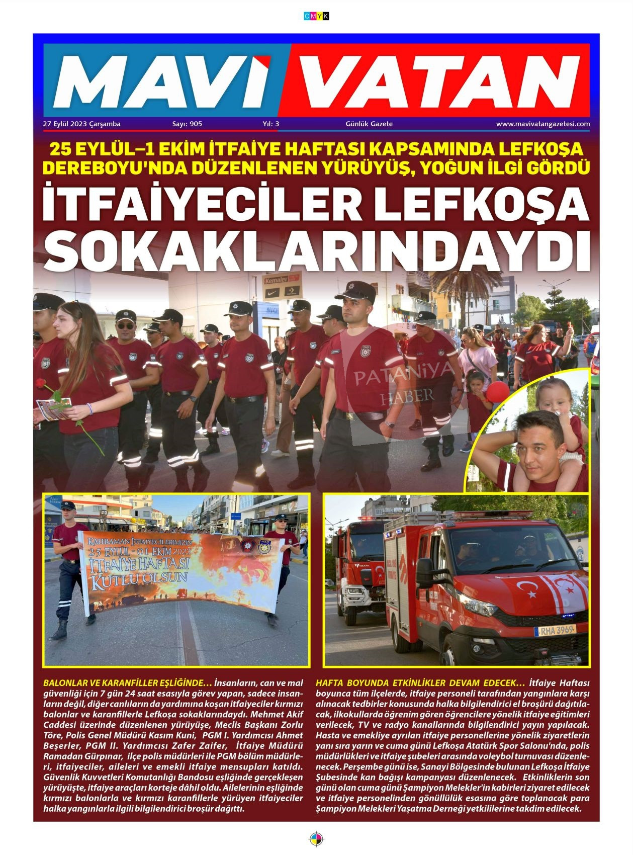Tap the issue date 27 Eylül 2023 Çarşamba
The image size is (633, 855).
82,124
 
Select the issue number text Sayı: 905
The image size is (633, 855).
187,124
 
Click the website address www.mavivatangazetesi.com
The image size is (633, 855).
543,124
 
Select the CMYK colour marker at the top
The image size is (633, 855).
316,17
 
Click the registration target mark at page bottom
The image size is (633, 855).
316,839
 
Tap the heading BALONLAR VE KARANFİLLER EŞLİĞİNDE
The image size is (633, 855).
128,683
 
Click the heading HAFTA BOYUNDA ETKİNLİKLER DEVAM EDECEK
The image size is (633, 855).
420,683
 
